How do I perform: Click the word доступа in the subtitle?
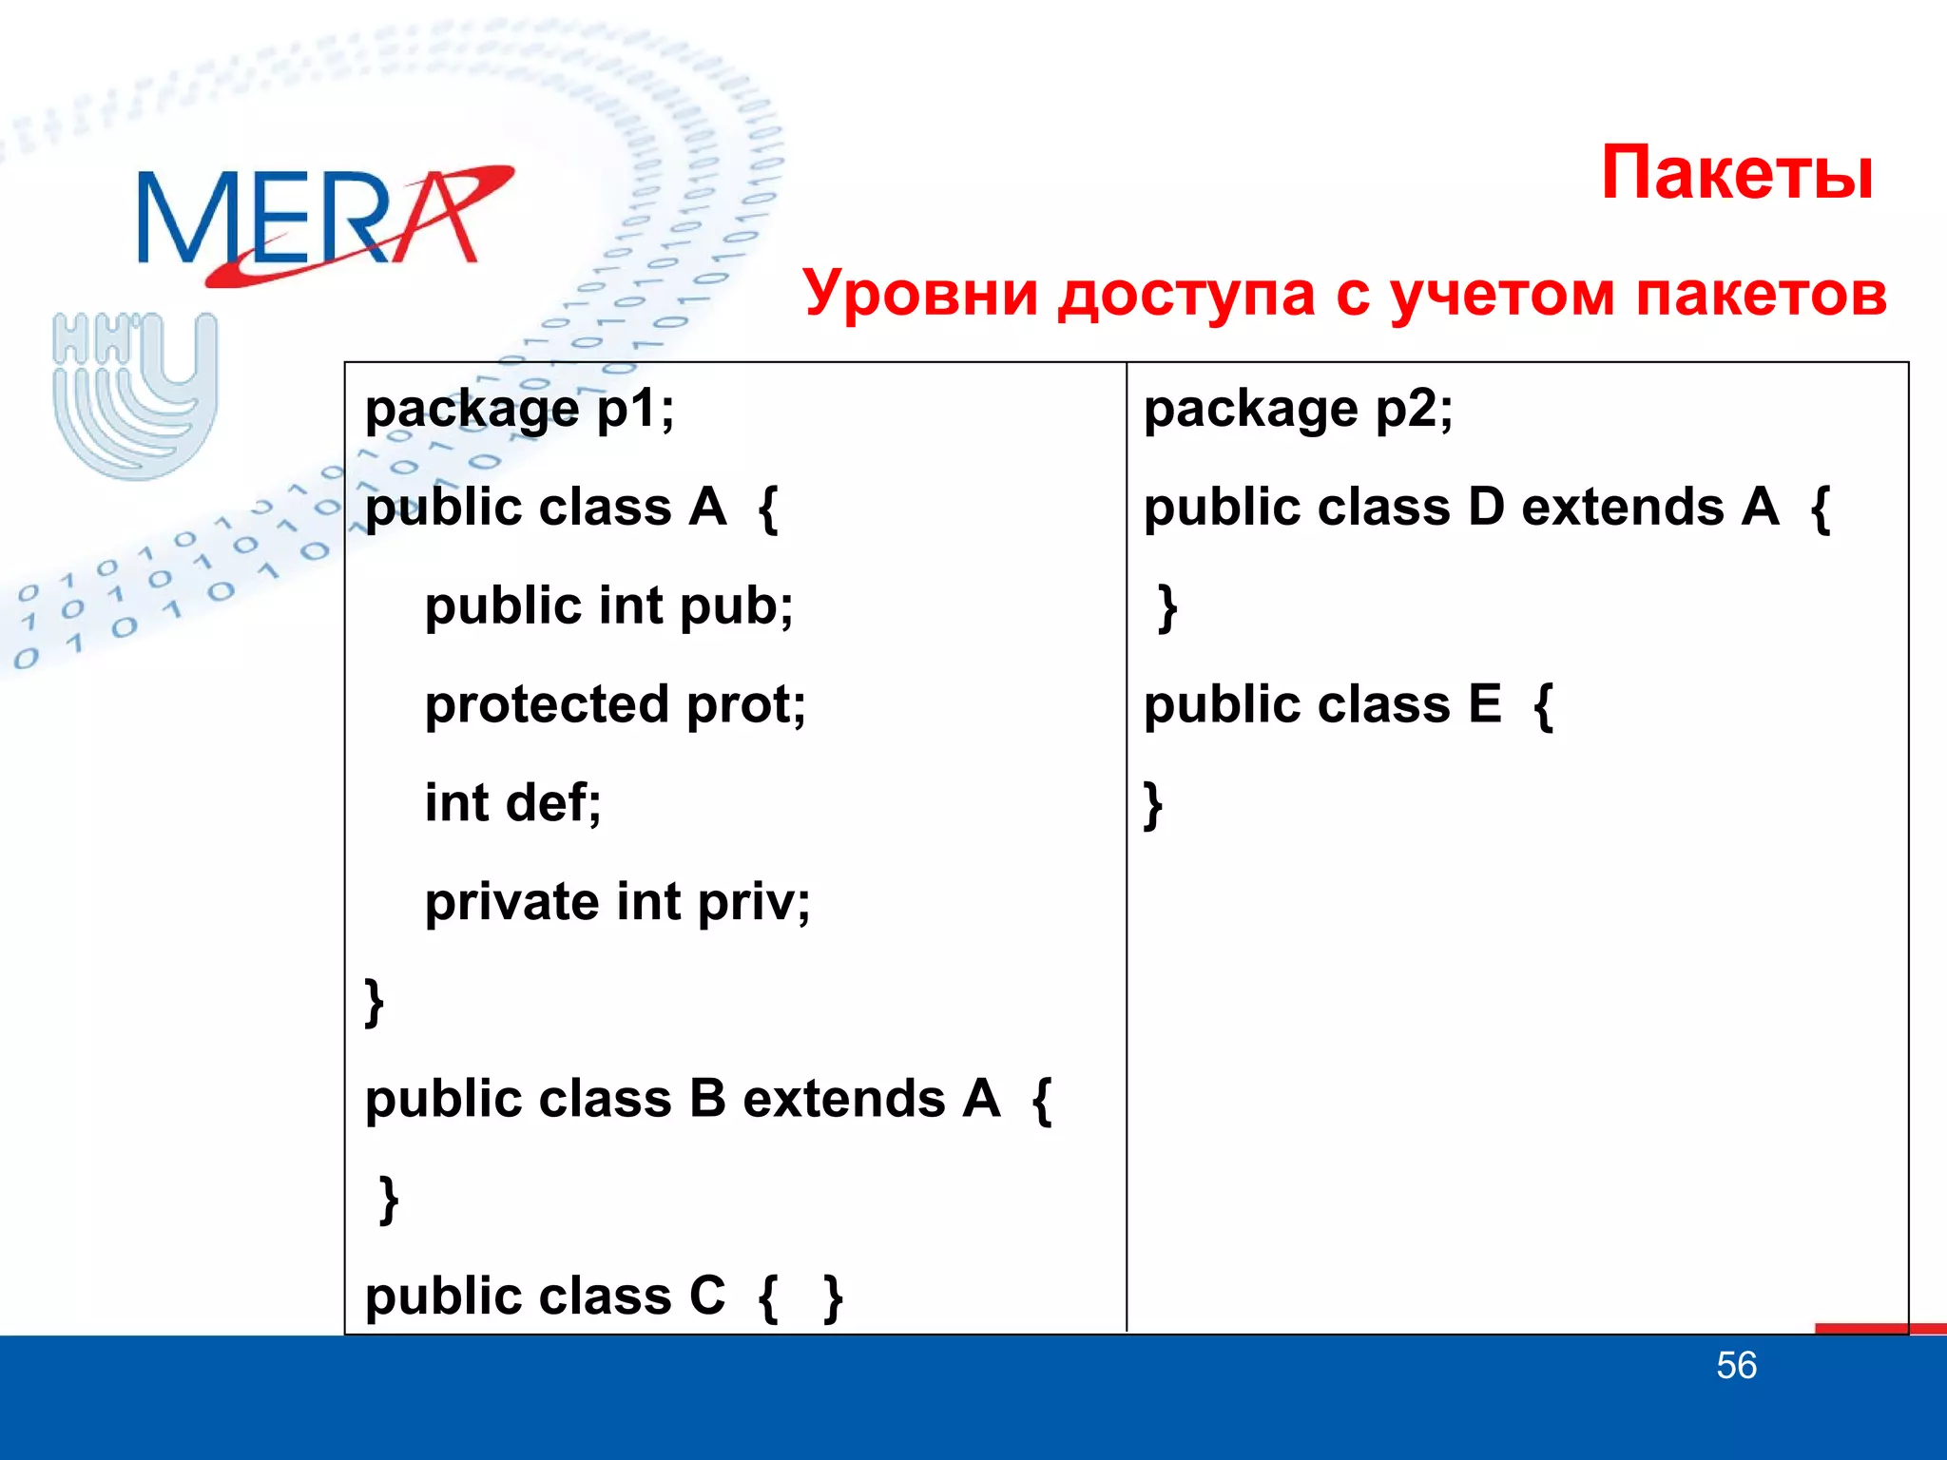tap(1186, 293)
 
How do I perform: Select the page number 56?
tap(1736, 1366)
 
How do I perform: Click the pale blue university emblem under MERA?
tap(135, 394)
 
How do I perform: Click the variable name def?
tap(551, 803)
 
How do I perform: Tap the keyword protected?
tap(548, 705)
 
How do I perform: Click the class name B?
tap(707, 1099)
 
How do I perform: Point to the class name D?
tap(1486, 507)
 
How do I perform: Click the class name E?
tap(1484, 705)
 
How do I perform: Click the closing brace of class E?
tap(1153, 806)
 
